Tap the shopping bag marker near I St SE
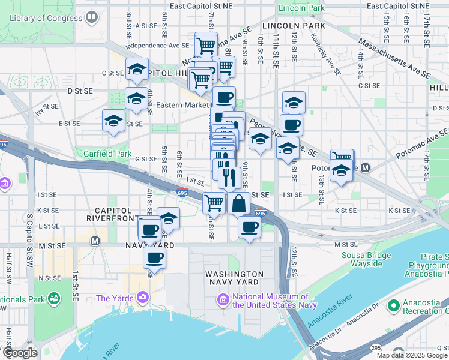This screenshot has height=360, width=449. [x=239, y=203]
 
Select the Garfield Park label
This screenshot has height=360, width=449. [x=107, y=154]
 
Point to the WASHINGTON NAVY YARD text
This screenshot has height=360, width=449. [x=234, y=278]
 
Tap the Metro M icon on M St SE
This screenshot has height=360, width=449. [x=94, y=241]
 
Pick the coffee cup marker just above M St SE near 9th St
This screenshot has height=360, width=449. [x=249, y=227]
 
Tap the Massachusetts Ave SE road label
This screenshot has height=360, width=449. [x=394, y=59]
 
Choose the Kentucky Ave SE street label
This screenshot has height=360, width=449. [x=325, y=55]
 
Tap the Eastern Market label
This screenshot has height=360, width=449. [x=182, y=104]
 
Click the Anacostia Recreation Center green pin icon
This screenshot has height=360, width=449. [x=394, y=305]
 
